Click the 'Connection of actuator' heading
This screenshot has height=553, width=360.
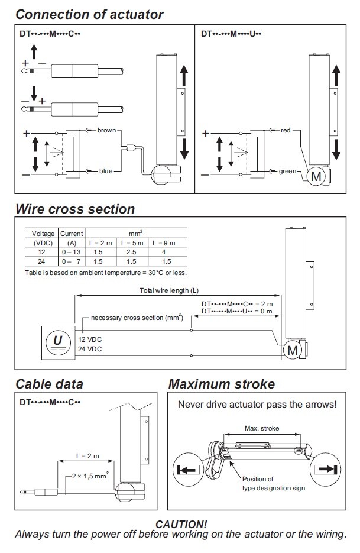[90, 14]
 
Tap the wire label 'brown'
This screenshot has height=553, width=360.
[107, 130]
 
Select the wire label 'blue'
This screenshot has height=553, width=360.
[106, 171]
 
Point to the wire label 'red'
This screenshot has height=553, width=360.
[286, 130]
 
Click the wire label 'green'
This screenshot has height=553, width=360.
[288, 172]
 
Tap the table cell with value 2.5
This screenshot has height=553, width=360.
[131, 252]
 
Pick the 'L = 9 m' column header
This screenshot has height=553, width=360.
[164, 243]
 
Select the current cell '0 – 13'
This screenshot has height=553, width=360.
[71, 252]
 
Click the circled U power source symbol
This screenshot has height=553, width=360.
[57, 342]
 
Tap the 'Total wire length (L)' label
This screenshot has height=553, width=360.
[169, 290]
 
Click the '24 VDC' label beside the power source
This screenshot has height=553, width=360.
[90, 349]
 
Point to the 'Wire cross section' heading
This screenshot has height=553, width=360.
[75, 209]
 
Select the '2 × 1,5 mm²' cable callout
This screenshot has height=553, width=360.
[90, 476]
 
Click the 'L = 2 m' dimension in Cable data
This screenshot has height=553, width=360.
[88, 456]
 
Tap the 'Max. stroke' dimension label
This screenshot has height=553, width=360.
[262, 428]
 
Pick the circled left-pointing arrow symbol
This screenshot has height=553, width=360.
[188, 470]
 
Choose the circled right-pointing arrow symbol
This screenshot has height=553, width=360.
[326, 469]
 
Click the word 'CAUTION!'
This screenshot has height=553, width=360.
[181, 524]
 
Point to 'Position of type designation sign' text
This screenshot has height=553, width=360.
[274, 484]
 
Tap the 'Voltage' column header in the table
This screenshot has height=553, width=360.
[43, 234]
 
